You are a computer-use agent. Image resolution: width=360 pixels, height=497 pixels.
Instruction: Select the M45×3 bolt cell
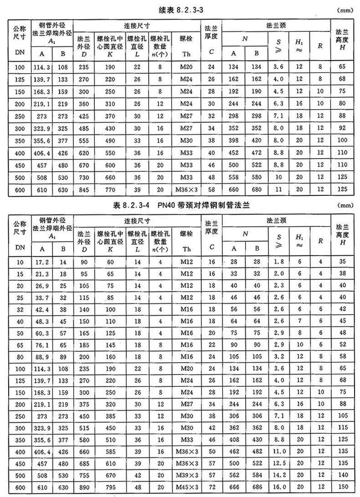coord(186,486)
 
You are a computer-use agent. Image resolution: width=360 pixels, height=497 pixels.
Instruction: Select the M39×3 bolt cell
coord(186,474)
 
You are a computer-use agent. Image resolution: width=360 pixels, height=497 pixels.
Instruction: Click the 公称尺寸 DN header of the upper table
coord(20,40)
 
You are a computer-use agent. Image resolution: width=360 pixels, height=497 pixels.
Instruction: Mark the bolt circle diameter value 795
coord(110,486)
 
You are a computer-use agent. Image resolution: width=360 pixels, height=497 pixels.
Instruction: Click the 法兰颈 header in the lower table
coord(277,220)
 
